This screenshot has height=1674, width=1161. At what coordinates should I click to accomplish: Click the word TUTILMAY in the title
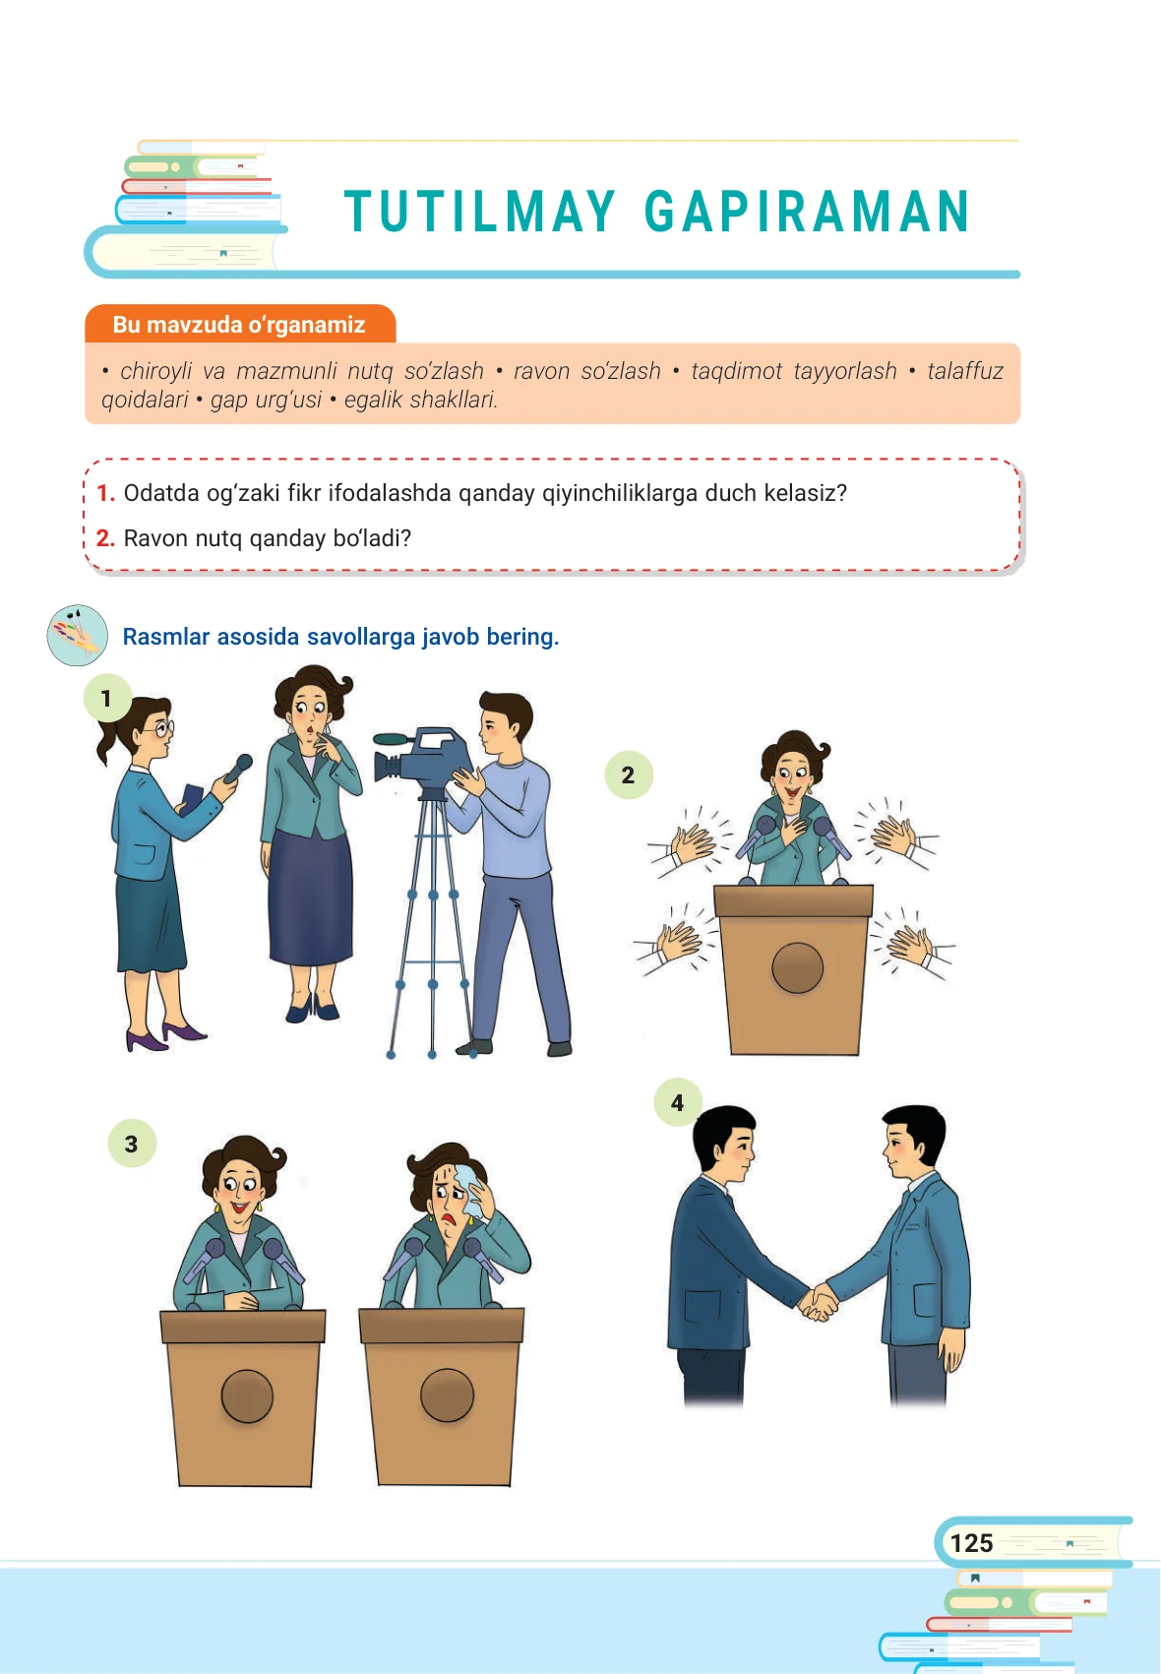[x=479, y=213]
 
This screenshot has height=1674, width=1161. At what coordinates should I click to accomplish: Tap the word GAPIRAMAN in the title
[x=807, y=213]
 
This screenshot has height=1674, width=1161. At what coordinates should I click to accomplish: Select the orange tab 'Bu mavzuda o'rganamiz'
[x=240, y=325]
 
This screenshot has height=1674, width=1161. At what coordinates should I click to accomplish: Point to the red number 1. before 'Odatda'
[x=105, y=493]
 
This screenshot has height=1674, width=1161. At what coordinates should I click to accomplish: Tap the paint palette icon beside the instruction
[x=77, y=635]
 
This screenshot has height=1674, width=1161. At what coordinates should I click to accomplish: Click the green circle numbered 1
[x=107, y=698]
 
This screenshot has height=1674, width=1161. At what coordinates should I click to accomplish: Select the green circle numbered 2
[x=629, y=775]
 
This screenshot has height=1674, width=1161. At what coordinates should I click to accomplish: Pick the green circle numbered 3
[x=132, y=1143]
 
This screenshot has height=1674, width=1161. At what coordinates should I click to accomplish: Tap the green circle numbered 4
[x=677, y=1102]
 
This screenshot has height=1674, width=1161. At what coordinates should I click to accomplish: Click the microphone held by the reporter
[x=237, y=769]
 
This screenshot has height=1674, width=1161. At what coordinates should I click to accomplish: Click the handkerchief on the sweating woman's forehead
[x=467, y=1189]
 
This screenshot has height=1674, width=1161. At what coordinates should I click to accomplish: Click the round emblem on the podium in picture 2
[x=797, y=967]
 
